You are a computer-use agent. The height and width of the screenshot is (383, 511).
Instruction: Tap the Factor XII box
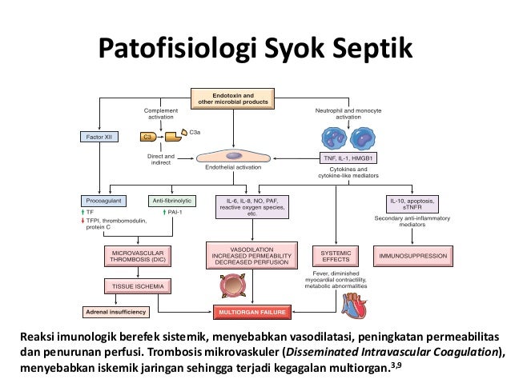(x=103, y=137)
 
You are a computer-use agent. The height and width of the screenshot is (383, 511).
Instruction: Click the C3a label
(x=195, y=130)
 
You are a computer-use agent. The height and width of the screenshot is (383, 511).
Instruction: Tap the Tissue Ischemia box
(x=135, y=285)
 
